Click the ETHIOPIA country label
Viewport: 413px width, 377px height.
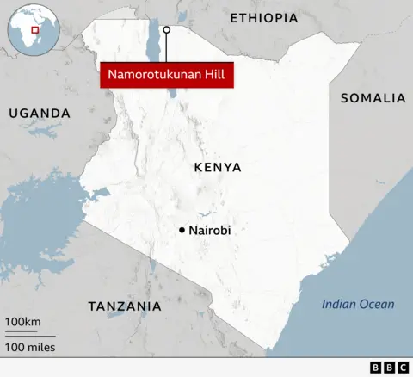[264, 17]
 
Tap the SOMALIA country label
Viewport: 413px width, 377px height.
[373, 98]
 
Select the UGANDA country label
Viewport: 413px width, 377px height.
[40, 113]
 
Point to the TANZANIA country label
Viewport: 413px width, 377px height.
[125, 306]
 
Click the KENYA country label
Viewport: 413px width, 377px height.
[218, 167]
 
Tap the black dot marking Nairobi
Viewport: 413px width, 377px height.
[182, 230]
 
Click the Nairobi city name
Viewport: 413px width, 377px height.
[210, 230]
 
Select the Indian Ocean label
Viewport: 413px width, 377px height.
[358, 303]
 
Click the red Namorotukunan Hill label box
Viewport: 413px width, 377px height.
[169, 76]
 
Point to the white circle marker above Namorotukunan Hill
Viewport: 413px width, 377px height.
[166, 30]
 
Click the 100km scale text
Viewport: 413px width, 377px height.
[23, 322]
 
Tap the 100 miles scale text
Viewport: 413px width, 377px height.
[30, 347]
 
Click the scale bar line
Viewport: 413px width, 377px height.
[30, 335]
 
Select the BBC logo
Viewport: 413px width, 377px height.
[389, 368]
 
